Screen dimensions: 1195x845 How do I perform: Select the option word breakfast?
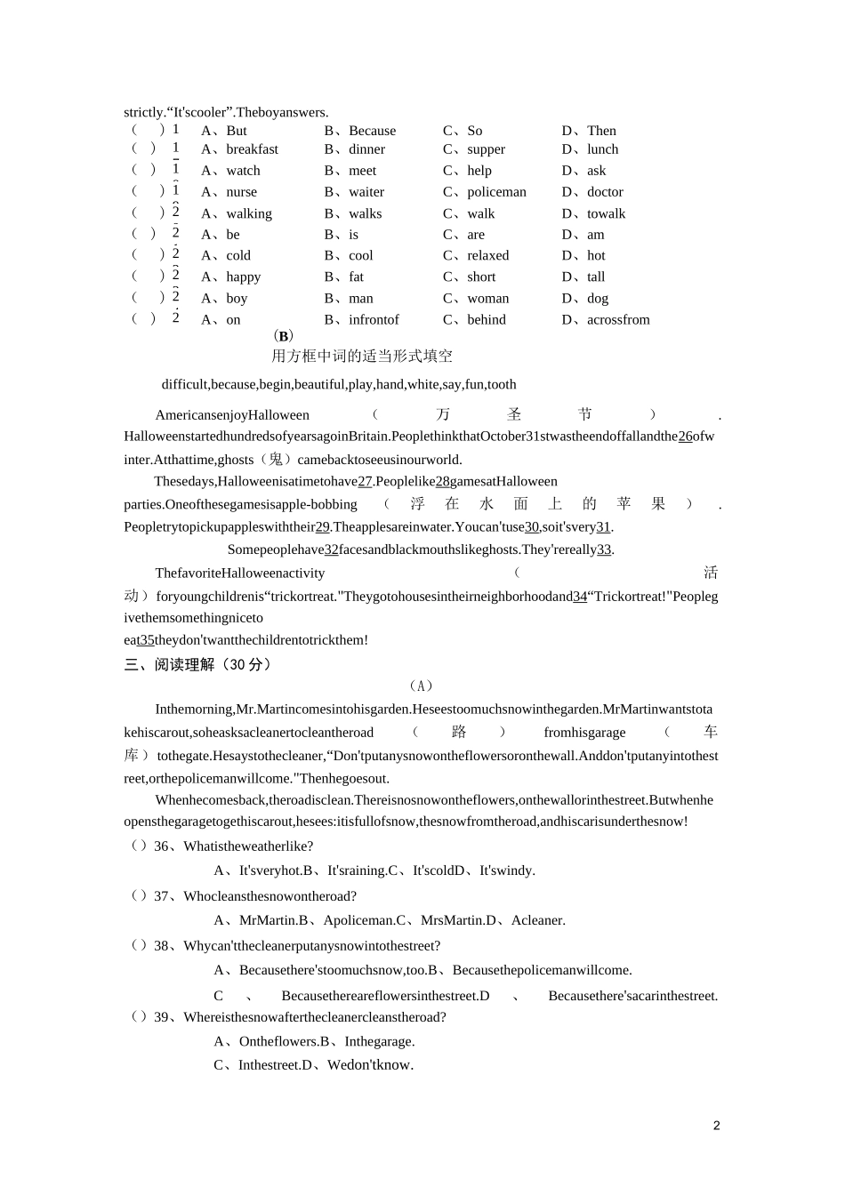pyautogui.click(x=252, y=149)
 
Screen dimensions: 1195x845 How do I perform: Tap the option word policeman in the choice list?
pyautogui.click(x=496, y=192)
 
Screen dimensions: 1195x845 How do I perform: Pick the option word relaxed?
pyautogui.click(x=487, y=255)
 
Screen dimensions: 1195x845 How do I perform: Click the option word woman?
pyautogui.click(x=487, y=299)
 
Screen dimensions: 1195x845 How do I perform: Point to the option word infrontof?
pyautogui.click(x=374, y=320)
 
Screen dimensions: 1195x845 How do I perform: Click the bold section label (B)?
pyautogui.click(x=283, y=336)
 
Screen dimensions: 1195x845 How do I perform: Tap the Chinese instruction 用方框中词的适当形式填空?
pyautogui.click(x=362, y=357)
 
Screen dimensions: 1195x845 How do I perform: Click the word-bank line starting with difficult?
pyautogui.click(x=339, y=385)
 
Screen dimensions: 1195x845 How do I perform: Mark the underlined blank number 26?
pyautogui.click(x=685, y=437)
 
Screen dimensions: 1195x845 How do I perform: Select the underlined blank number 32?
pyautogui.click(x=332, y=549)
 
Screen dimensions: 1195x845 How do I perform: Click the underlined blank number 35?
pyautogui.click(x=147, y=640)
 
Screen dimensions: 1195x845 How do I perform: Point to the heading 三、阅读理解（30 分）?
pyautogui.click(x=197, y=664)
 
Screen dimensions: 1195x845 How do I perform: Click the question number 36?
pyautogui.click(x=161, y=846)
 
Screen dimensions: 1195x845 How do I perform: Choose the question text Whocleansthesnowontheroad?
pyautogui.click(x=270, y=896)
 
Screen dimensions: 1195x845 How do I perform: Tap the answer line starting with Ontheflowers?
pyautogui.click(x=314, y=1041)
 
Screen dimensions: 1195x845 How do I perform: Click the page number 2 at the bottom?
pyautogui.click(x=716, y=1126)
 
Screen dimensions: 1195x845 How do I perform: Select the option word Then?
pyautogui.click(x=601, y=131)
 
